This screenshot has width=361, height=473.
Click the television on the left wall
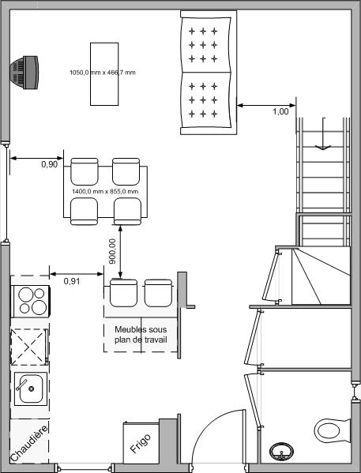coord(24,73)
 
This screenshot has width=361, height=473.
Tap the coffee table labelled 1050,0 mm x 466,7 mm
coord(104,74)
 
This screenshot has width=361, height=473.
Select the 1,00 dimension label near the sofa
coord(280,111)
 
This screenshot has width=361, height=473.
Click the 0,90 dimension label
coord(49,164)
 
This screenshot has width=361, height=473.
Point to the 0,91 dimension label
coord(72,281)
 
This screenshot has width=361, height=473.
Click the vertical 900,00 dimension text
coord(112,251)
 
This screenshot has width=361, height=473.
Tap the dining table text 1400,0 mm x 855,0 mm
coord(105,192)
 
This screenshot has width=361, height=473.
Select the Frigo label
coord(141,444)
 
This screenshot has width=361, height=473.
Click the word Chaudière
coord(29,444)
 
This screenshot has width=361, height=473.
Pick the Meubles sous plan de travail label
coord(141,335)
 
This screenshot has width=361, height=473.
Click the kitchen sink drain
coord(31,389)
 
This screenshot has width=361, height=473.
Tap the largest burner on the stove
coord(39,308)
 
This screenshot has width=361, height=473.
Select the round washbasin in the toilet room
coord(281,452)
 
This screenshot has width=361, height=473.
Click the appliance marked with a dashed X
coord(29,347)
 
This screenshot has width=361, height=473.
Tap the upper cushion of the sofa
coord(206,45)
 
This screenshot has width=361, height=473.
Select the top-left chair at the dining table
coord(85,171)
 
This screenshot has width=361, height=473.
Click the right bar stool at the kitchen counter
coord(158,293)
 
